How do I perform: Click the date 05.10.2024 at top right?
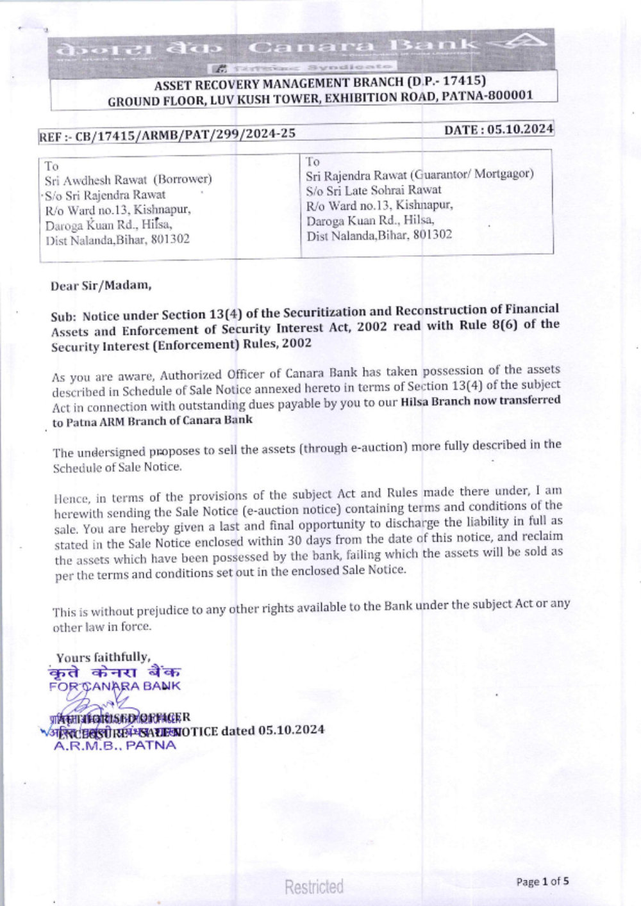520,129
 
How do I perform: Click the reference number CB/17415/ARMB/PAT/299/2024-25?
185,134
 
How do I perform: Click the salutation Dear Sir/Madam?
101,286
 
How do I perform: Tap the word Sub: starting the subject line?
63,316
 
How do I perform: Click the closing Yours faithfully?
103,658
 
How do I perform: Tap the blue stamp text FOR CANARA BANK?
115,686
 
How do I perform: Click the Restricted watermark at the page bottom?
314,887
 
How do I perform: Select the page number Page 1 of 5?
542,882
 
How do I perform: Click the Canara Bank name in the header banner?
363,47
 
